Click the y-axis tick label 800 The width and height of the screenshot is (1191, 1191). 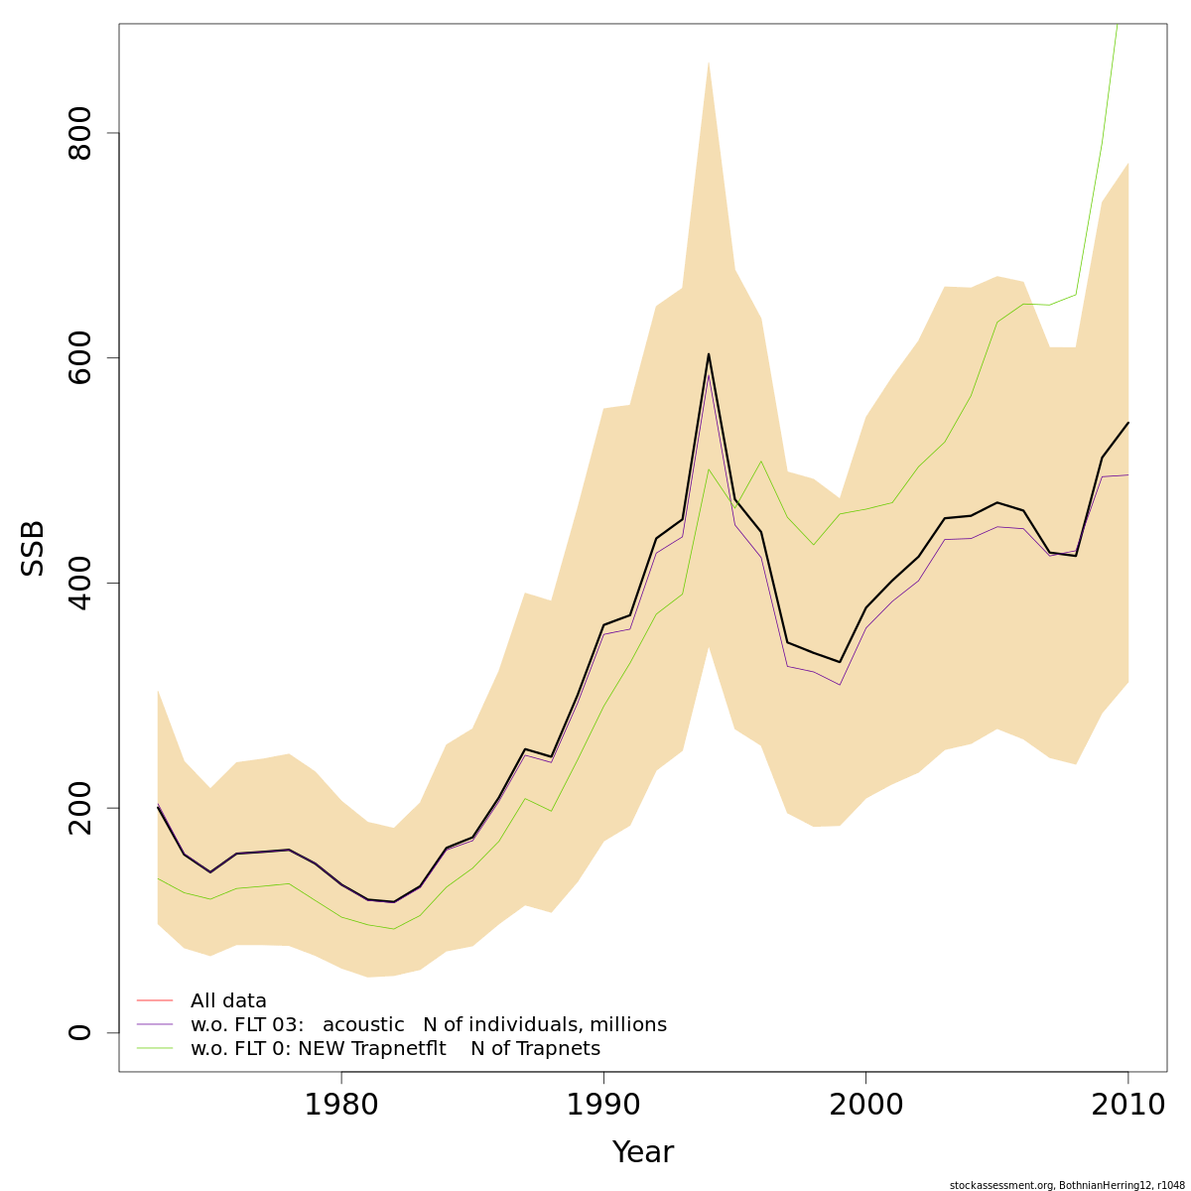79,133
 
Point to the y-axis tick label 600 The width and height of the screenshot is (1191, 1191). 79,357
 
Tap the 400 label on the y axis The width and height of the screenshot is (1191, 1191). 79,583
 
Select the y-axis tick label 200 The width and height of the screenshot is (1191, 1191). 79,808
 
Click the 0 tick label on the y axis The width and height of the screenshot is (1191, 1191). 79,1032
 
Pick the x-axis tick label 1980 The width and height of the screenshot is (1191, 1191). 340,1106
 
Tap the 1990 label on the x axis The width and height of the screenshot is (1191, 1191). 603,1106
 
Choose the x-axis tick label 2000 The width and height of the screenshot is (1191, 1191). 865,1106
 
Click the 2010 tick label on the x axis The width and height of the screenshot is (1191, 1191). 1127,1106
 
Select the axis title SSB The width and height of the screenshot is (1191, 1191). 33,548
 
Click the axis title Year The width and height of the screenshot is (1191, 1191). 643,1152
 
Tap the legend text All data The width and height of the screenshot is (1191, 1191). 228,1001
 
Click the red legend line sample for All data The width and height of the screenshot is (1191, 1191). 155,1000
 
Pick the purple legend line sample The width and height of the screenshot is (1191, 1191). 155,1024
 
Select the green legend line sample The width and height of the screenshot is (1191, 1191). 155,1048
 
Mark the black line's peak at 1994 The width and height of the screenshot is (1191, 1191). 709,354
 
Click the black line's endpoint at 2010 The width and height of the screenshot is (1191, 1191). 1128,423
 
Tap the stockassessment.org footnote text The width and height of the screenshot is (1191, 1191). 1060,1185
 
